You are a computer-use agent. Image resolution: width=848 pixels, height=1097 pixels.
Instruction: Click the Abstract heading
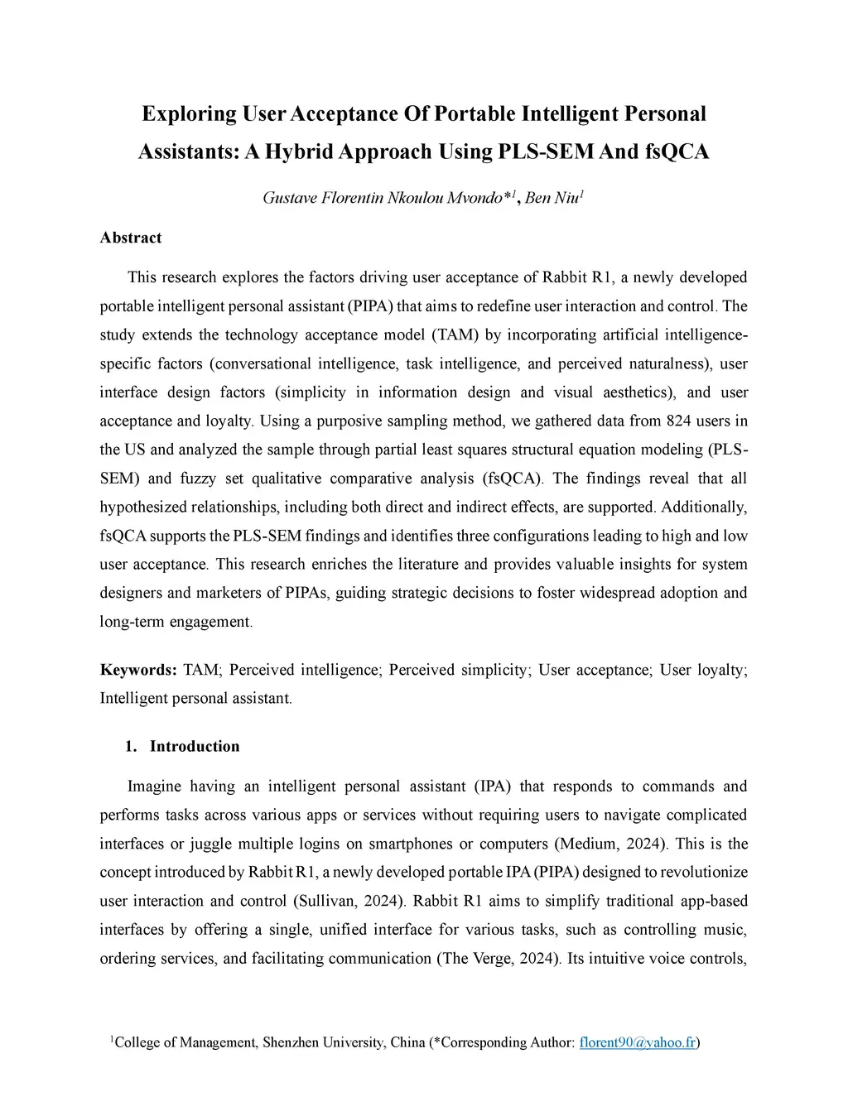click(131, 238)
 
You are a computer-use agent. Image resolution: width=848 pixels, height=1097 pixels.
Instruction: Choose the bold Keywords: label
click(138, 670)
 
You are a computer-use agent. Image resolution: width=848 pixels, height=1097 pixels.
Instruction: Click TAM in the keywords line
click(201, 670)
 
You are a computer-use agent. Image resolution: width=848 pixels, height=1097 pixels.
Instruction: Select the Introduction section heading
click(195, 746)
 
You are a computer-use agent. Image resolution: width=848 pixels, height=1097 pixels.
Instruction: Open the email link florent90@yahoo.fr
click(637, 1042)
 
